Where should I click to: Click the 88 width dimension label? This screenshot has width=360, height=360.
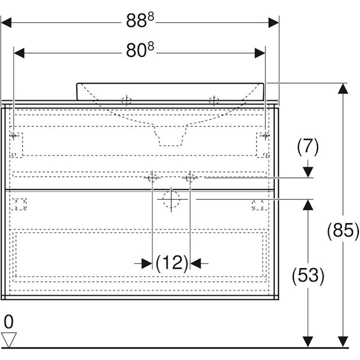click(x=140, y=20)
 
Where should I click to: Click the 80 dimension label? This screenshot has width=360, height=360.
click(x=140, y=50)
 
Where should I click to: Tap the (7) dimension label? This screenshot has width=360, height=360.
click(x=308, y=147)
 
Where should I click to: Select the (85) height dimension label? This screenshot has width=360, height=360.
click(x=343, y=231)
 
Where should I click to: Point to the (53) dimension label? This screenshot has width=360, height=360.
click(x=308, y=275)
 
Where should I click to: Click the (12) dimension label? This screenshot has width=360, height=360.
click(x=172, y=263)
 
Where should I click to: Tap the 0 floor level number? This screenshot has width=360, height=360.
click(x=9, y=322)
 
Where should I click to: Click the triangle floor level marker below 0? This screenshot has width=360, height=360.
click(x=9, y=340)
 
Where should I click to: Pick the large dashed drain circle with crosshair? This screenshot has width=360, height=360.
click(x=171, y=199)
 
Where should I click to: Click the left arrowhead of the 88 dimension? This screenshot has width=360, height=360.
click(x=6, y=23)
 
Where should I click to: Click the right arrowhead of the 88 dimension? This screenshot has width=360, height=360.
click(x=274, y=23)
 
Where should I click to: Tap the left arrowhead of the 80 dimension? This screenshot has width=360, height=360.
click(x=19, y=53)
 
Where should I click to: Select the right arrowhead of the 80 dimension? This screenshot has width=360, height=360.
click(x=260, y=53)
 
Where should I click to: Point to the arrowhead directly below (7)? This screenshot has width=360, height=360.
click(x=308, y=172)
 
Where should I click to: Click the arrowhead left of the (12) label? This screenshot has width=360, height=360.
click(x=147, y=263)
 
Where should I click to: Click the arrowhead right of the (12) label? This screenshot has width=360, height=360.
click(x=196, y=263)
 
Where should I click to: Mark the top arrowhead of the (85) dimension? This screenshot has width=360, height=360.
click(x=343, y=88)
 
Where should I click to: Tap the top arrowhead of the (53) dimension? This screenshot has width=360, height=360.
click(x=308, y=205)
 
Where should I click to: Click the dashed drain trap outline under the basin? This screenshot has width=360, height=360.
click(x=170, y=136)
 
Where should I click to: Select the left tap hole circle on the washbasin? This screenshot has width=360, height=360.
click(x=127, y=101)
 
